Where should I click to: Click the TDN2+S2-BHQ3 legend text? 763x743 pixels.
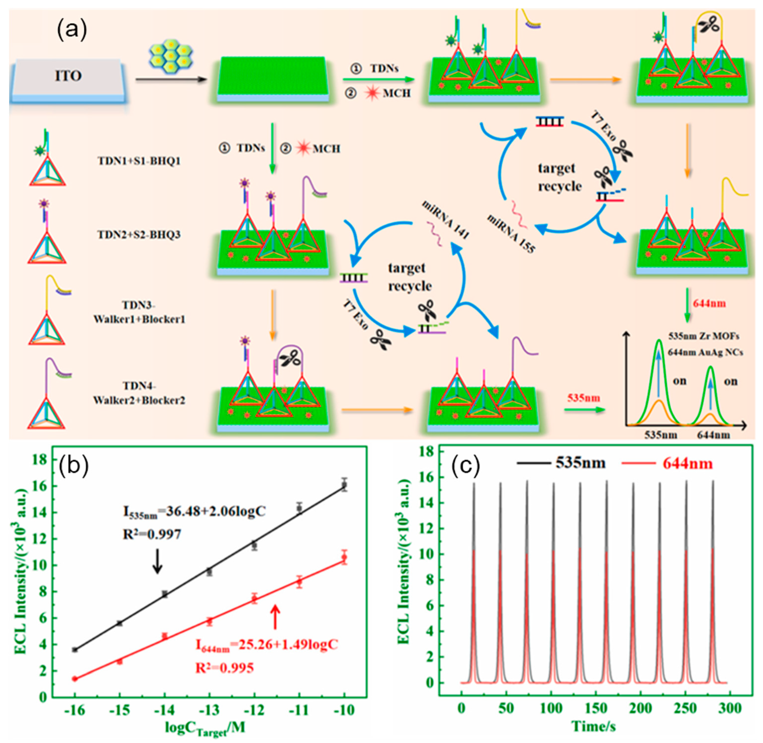click(x=139, y=234)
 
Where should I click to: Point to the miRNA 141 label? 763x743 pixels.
click(x=445, y=220)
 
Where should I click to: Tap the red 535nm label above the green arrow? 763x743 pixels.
click(x=584, y=398)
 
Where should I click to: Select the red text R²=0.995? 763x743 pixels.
click(x=224, y=668)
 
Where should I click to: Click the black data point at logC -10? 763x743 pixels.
click(x=344, y=485)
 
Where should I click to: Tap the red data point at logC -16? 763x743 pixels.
click(x=74, y=679)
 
